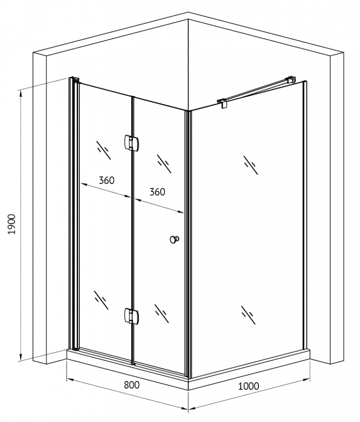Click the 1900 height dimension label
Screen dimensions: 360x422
12,224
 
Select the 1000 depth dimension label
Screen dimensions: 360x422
249,386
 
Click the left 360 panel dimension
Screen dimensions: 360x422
107,180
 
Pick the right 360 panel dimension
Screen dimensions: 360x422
157,192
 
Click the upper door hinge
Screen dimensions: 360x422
132,142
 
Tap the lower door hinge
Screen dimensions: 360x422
132,315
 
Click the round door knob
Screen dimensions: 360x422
174,239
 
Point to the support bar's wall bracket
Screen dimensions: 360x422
291,80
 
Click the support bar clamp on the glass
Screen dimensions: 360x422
223,103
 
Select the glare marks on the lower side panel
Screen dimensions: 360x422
248,315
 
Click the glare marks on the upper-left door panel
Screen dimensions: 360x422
104,150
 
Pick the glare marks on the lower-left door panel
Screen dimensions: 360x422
101,300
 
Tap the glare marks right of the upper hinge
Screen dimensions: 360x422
164,164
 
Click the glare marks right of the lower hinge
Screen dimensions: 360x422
162,314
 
